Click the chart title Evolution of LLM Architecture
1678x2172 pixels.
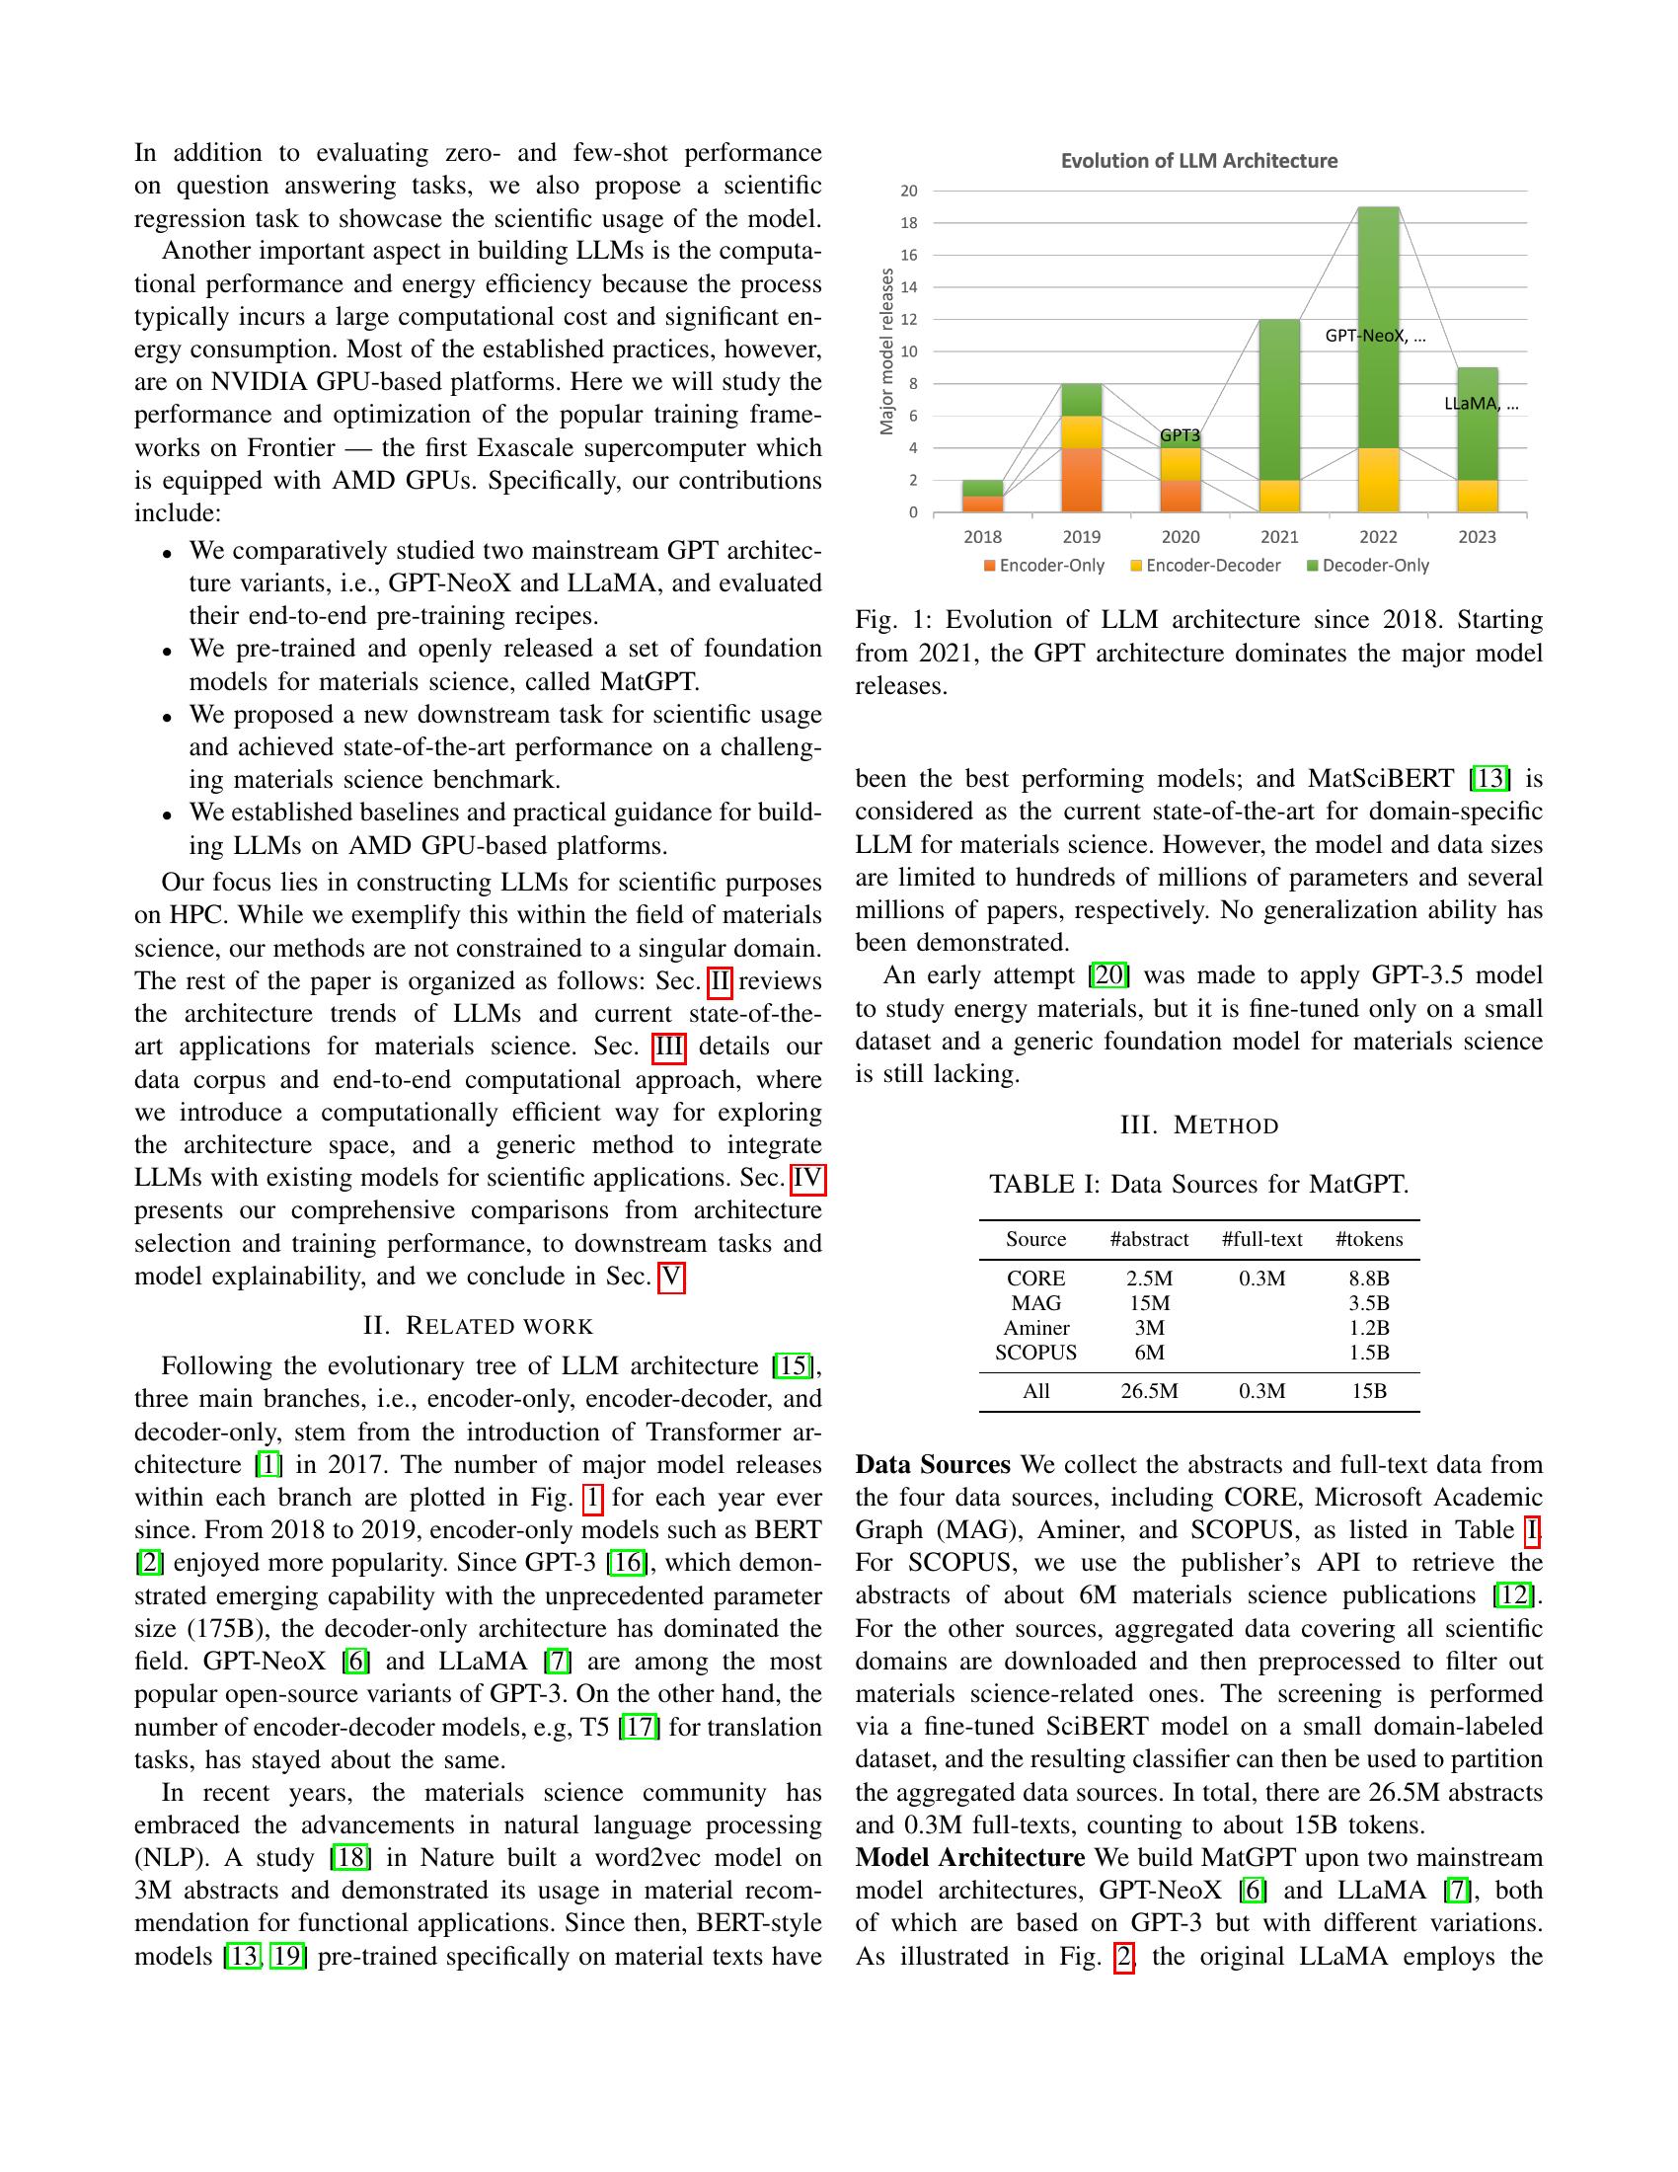tap(1198, 161)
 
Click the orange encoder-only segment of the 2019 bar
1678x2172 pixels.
tap(1081, 481)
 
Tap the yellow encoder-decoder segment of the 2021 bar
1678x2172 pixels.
tap(1278, 497)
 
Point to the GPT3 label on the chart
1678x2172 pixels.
tap(1180, 435)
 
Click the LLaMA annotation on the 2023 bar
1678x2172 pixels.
tap(1481, 404)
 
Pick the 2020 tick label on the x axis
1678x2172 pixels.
tap(1180, 537)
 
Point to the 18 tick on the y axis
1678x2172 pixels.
tap(908, 223)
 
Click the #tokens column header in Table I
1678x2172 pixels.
tap(1369, 1239)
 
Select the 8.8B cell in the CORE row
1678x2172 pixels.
tap(1369, 1279)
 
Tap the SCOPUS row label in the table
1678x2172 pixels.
tap(1035, 1353)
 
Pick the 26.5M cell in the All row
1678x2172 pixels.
tap(1149, 1391)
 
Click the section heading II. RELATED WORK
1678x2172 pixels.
tap(478, 1326)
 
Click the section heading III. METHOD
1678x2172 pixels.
tap(1199, 1125)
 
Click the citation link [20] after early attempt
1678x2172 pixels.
tap(1109, 975)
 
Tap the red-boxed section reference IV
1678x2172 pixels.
tap(807, 1179)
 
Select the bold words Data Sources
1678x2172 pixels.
tap(933, 1465)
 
